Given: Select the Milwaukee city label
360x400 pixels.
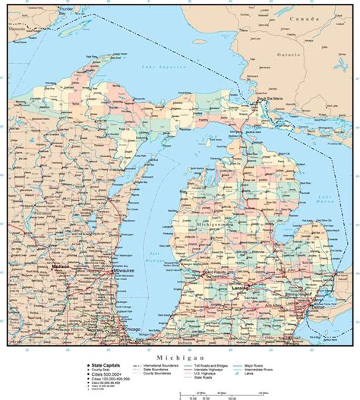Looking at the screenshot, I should [x=122, y=270].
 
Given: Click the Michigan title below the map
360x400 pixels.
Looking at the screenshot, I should [x=179, y=357].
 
